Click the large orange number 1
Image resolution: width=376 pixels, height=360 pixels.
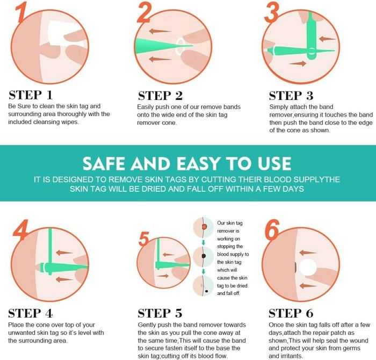point(21,12)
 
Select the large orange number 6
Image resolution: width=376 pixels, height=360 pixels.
point(272,229)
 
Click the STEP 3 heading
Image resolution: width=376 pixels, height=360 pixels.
point(291,96)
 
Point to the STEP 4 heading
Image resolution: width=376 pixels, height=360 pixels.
point(31,313)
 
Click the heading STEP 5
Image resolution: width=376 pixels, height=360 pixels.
point(160,313)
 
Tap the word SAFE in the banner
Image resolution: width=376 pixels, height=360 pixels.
point(104,163)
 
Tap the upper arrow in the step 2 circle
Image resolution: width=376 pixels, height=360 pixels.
point(160,31)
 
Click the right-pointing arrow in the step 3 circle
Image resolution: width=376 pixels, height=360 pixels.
point(298,63)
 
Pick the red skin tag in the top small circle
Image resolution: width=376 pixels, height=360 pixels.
point(204,227)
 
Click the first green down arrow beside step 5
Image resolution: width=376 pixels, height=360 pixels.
point(204,242)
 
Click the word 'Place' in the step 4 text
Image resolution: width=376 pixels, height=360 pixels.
point(16,325)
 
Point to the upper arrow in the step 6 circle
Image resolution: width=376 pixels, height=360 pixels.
point(308,253)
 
